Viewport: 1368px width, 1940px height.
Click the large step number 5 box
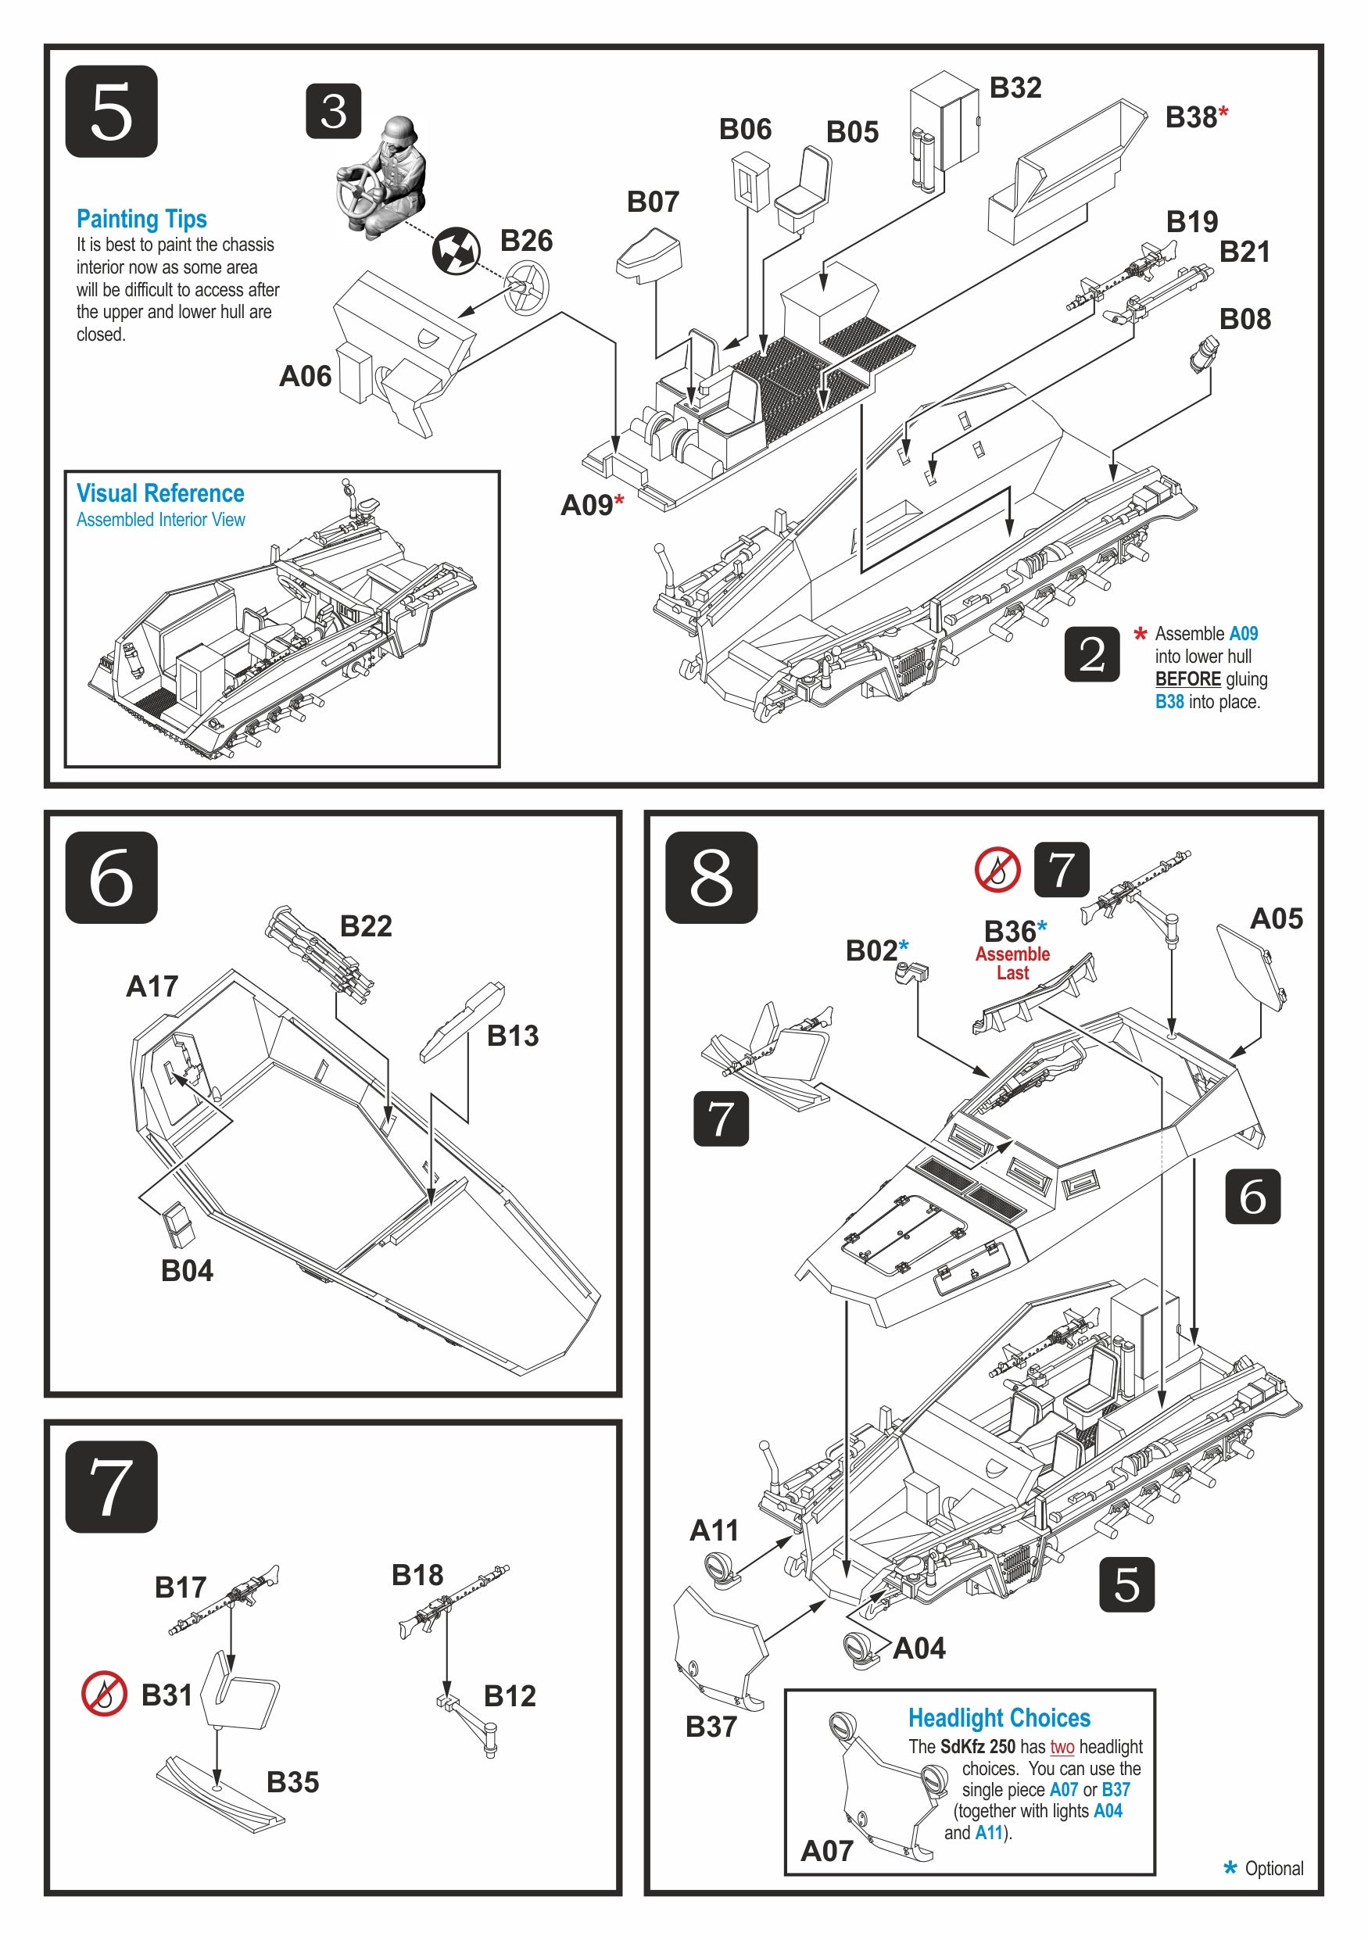(x=111, y=111)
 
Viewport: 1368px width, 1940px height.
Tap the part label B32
(x=1015, y=87)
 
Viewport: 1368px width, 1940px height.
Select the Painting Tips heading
(x=141, y=219)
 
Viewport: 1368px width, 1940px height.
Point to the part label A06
(x=305, y=376)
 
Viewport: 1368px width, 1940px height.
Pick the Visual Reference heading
(x=159, y=493)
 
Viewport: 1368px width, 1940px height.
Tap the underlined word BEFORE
(x=1187, y=679)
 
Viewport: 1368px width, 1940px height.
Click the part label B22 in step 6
(x=365, y=926)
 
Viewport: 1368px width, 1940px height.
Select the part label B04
(x=187, y=1270)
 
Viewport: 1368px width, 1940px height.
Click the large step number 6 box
(x=111, y=877)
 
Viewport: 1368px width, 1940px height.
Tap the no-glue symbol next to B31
(x=104, y=1694)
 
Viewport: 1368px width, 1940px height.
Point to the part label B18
(x=417, y=1574)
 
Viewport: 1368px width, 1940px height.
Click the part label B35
(x=292, y=1782)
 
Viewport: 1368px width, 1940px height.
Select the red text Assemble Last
(x=1012, y=963)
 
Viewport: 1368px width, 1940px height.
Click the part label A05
(x=1276, y=918)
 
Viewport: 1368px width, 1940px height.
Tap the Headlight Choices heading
(x=999, y=1718)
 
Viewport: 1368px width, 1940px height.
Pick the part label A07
(x=826, y=1851)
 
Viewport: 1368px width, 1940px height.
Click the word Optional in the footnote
(x=1273, y=1868)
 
